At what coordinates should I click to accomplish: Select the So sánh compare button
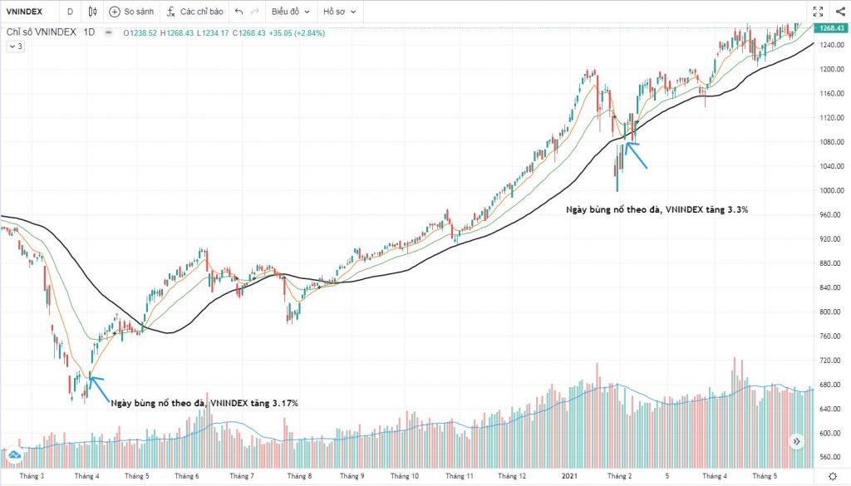(133, 12)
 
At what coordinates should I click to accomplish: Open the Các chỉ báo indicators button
(195, 12)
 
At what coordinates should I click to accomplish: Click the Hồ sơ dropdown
(341, 12)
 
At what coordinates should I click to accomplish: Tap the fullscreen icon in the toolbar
(817, 12)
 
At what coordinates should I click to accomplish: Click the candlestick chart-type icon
(91, 12)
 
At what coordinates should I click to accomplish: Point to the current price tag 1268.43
(832, 29)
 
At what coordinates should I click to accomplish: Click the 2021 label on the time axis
(569, 476)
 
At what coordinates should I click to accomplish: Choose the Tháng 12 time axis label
(511, 476)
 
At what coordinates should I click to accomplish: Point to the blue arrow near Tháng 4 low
(97, 386)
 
